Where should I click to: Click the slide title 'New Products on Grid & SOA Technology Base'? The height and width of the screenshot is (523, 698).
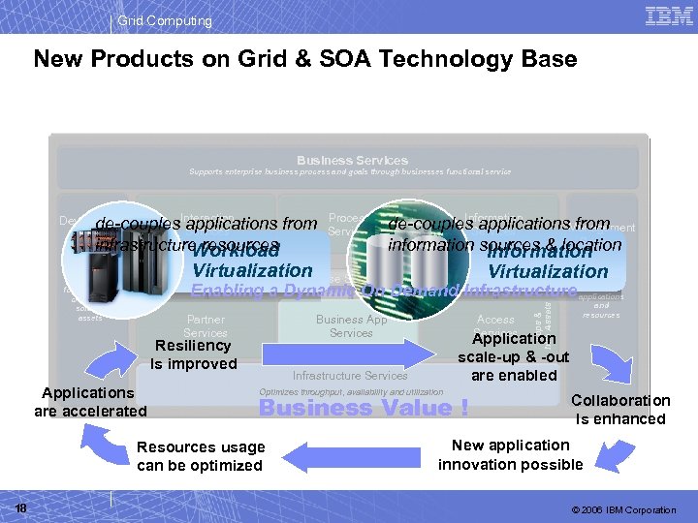(305, 59)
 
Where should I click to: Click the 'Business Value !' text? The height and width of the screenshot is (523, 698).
(364, 408)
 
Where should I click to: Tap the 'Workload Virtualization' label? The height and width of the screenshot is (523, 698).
(251, 261)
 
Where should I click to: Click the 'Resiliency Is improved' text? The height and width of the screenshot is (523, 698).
(194, 354)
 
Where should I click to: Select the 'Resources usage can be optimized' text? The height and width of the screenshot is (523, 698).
(201, 456)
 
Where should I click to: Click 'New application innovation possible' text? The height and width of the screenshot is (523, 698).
(511, 454)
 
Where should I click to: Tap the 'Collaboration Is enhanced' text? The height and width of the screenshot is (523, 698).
(620, 410)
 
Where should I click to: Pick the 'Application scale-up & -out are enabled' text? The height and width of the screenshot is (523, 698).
(514, 356)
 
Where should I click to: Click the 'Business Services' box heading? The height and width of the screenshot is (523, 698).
(352, 160)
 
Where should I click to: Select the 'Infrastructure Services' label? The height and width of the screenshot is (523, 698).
(350, 376)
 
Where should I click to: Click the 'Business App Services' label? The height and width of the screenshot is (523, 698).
(351, 326)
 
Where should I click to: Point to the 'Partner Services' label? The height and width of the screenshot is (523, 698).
(206, 326)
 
